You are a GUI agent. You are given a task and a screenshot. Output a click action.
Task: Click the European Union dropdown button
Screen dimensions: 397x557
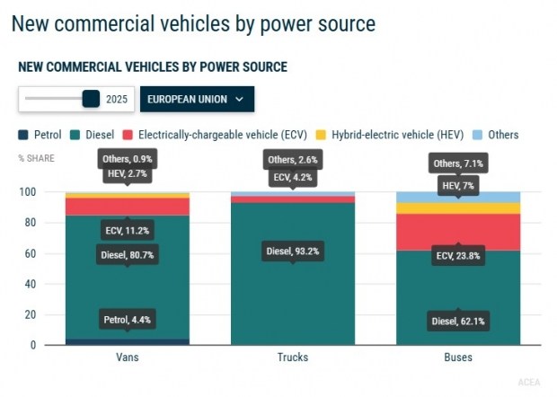click(x=197, y=99)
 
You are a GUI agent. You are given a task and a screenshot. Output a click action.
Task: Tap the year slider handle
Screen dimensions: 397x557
click(x=91, y=98)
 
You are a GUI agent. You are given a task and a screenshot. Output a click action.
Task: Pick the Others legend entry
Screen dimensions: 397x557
click(x=496, y=135)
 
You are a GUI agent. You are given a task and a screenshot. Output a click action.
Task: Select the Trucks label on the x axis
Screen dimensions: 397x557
click(x=292, y=357)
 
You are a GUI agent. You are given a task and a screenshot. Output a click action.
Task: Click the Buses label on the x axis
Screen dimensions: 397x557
click(x=458, y=357)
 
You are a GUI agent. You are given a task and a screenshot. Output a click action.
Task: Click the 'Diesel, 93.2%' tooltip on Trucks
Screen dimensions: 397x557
click(x=292, y=251)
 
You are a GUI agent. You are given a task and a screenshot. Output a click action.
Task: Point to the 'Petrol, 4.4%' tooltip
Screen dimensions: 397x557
click(x=126, y=318)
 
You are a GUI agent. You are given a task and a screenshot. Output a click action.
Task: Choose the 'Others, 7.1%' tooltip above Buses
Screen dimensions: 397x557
click(x=458, y=163)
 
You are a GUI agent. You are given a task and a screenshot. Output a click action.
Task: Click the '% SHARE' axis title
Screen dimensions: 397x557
click(x=35, y=159)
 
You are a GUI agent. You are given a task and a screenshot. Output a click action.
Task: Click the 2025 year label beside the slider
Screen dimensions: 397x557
click(x=118, y=99)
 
